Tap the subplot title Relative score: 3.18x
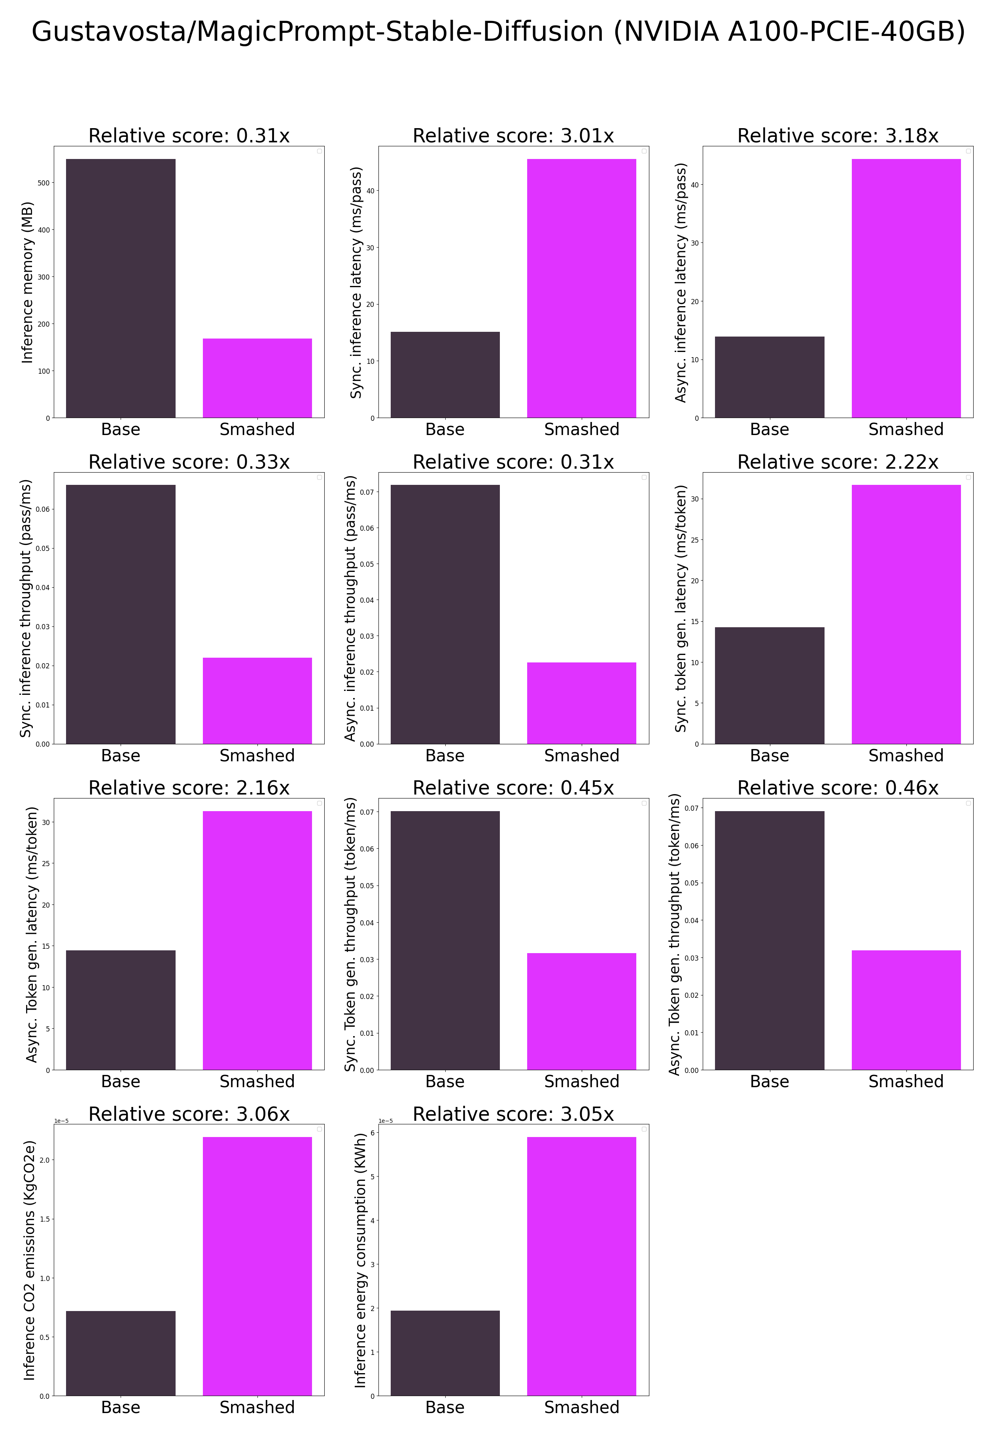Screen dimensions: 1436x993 coord(838,136)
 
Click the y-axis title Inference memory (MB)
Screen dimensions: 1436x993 coord(27,282)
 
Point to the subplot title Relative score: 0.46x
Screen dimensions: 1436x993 coord(838,788)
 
